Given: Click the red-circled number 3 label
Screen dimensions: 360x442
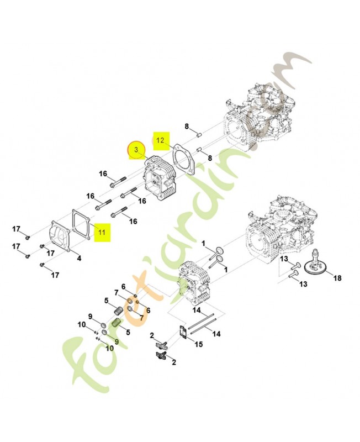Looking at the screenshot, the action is coord(136,150).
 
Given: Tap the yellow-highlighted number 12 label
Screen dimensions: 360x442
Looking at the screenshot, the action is coord(161,140).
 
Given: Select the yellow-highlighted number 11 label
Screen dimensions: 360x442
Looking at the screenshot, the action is coord(102,233).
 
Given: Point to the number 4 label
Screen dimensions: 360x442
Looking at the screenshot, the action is coord(79,258).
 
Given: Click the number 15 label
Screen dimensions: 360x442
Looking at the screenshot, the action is coord(199,344).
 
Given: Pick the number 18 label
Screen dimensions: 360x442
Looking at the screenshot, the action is coord(337,278).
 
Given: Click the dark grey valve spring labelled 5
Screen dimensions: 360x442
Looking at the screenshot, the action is coord(118,312).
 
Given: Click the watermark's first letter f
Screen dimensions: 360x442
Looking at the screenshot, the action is coord(82,364).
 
